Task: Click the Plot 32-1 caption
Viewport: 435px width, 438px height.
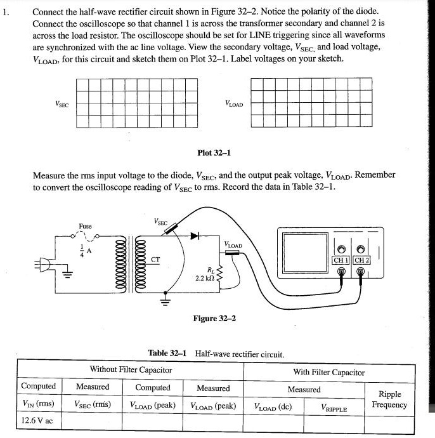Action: click(x=214, y=153)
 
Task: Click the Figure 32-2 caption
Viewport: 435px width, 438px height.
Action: click(x=214, y=318)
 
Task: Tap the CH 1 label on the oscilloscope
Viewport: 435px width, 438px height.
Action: click(x=342, y=260)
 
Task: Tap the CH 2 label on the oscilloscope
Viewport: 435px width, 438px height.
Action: click(x=361, y=260)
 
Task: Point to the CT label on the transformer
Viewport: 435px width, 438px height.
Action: click(x=155, y=259)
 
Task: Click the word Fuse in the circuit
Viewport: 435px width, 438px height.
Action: click(x=85, y=226)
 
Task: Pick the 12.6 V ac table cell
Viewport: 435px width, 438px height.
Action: click(x=37, y=420)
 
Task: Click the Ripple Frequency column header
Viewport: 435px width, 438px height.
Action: click(x=389, y=399)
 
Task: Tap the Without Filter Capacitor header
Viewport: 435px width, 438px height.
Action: click(x=131, y=369)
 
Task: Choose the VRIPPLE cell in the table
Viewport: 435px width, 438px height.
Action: click(x=334, y=409)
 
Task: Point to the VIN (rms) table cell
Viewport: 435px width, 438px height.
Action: click(x=37, y=404)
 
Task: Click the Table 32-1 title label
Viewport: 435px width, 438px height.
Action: click(x=167, y=354)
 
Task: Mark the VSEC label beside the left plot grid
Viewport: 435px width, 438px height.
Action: click(x=62, y=103)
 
